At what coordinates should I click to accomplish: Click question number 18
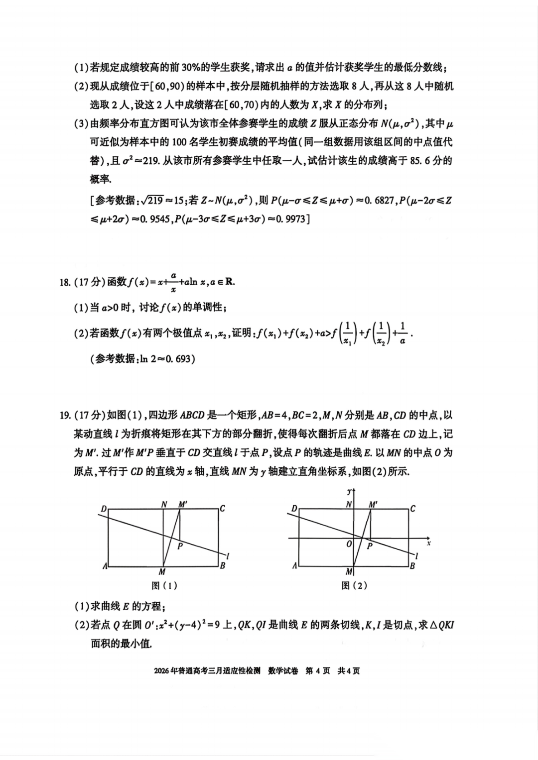(x=64, y=283)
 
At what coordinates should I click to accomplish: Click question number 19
(x=64, y=415)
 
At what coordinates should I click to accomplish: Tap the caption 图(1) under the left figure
(x=164, y=585)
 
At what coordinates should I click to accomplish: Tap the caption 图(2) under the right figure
(x=354, y=585)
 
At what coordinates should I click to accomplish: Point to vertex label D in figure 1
(x=104, y=509)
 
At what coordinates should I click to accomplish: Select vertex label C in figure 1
(x=222, y=509)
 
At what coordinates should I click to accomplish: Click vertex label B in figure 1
(x=222, y=565)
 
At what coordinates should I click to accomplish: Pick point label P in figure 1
(x=180, y=546)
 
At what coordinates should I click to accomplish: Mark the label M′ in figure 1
(x=183, y=504)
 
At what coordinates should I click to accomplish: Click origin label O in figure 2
(x=349, y=544)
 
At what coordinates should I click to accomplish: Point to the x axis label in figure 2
(x=428, y=543)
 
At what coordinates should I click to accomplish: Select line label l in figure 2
(x=416, y=556)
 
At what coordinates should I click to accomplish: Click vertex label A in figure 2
(x=294, y=566)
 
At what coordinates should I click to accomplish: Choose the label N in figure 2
(x=349, y=505)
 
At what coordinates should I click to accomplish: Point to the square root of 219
(x=152, y=200)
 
